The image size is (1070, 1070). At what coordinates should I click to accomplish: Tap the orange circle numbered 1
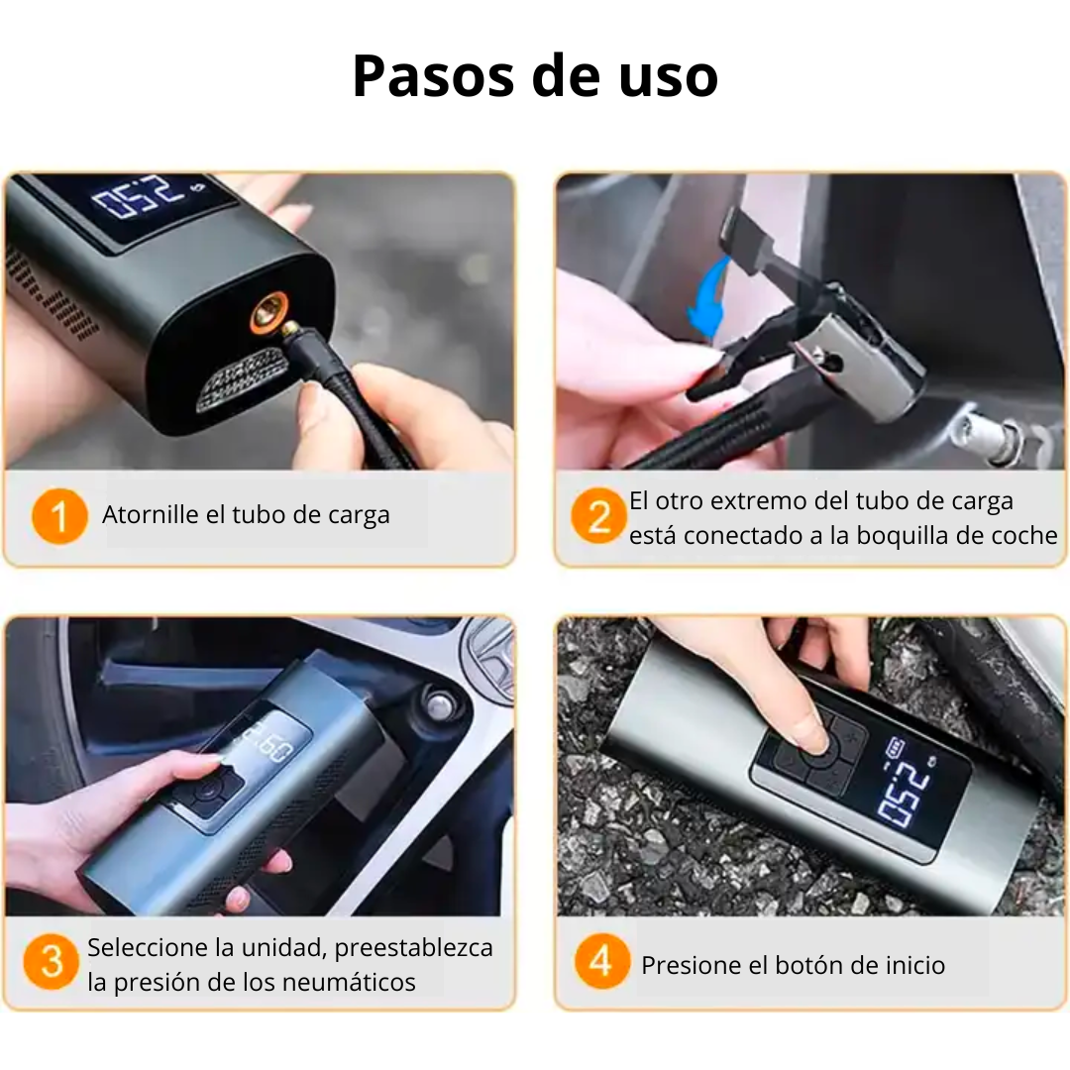tap(58, 517)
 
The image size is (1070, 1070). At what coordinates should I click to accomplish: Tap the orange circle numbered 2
tap(598, 517)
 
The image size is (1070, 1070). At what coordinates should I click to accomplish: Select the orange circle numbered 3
tap(51, 962)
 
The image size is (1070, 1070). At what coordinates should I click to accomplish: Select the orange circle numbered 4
tap(600, 962)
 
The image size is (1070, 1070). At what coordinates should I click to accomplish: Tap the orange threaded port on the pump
tap(267, 314)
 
